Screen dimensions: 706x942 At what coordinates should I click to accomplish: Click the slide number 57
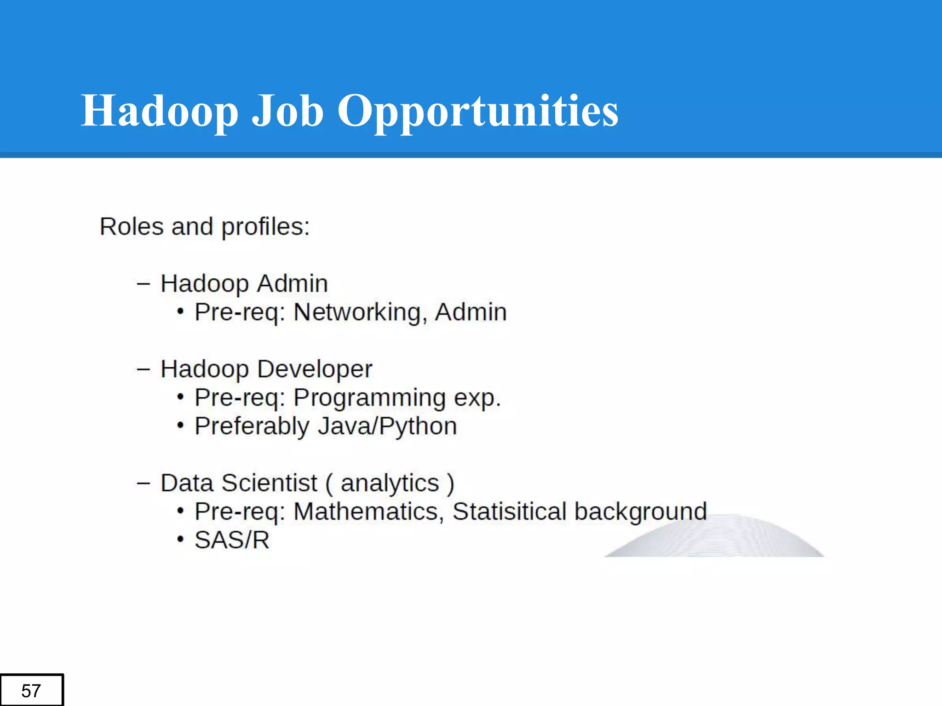31,690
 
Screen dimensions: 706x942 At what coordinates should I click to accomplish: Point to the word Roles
132,227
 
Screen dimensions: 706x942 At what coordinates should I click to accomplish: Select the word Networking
357,313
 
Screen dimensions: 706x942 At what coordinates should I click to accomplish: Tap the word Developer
314,369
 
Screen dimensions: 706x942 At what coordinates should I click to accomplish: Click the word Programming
369,399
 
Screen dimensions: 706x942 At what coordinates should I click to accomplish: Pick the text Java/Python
387,427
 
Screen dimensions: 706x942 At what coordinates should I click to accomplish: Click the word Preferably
252,427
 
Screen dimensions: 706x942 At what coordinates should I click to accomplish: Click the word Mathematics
366,512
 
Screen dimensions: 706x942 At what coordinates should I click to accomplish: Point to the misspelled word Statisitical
509,512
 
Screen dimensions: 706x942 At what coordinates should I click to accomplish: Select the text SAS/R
232,540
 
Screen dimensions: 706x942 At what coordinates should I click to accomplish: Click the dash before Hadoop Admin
143,284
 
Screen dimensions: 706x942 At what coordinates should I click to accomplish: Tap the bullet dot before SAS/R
180,540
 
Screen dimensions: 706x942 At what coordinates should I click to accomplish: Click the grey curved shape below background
718,540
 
